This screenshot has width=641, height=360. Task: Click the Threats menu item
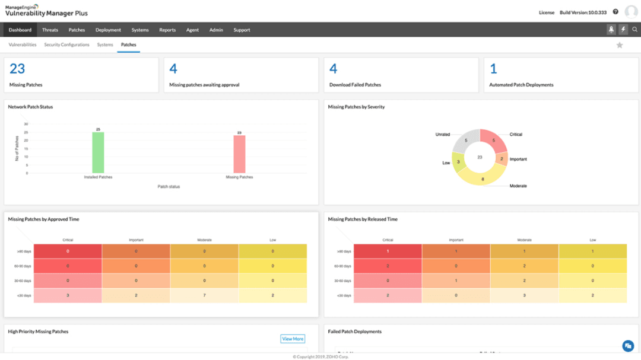pos(50,30)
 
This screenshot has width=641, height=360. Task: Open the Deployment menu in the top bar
pos(108,30)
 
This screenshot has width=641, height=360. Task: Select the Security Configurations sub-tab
pos(66,44)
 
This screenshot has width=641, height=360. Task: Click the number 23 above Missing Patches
pos(17,69)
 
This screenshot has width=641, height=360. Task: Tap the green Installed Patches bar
pos(97,152)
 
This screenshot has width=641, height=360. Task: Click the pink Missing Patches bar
pos(239,154)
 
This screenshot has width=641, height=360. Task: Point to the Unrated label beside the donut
pos(443,134)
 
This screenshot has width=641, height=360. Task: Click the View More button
pos(293,339)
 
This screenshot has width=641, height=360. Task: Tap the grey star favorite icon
pos(620,45)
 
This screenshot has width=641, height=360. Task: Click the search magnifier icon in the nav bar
pos(634,30)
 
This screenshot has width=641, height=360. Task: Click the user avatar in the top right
pos(631,12)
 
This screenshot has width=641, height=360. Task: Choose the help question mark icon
pos(615,12)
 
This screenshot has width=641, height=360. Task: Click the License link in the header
pos(546,12)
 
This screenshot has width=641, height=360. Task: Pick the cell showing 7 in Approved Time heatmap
pos(205,295)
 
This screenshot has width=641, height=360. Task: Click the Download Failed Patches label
pos(355,85)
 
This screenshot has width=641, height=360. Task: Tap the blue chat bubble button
pos(627,346)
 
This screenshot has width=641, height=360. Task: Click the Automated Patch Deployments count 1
pos(493,69)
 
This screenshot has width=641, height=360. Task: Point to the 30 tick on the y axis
pos(26,124)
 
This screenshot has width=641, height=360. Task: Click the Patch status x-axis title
pos(169,186)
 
